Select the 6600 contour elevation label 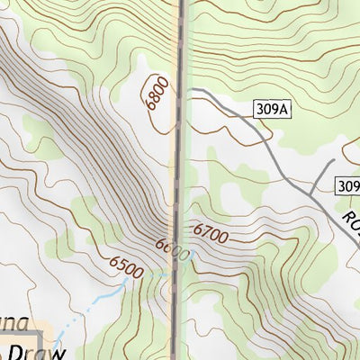(172, 250)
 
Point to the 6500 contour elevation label (127, 265)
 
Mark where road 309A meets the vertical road (186, 91)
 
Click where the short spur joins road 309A (310, 193)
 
